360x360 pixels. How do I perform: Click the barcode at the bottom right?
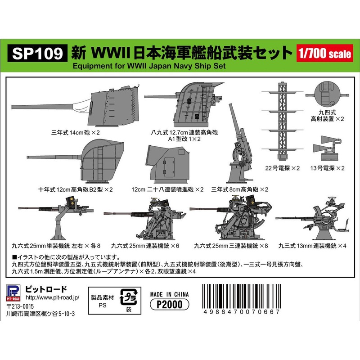[x=242, y=300]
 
